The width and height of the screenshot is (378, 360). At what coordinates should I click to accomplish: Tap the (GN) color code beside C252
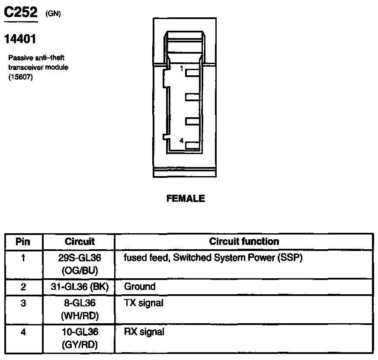click(53, 14)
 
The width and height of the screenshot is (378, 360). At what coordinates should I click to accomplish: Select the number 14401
click(20, 39)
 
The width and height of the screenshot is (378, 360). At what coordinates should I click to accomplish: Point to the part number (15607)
click(20, 77)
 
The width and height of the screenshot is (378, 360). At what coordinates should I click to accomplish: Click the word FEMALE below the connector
click(186, 199)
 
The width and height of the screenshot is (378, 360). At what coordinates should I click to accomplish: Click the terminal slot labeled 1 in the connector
click(192, 73)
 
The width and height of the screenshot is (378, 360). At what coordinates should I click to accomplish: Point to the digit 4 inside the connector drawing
click(182, 140)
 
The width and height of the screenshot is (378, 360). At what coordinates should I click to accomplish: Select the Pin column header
click(23, 241)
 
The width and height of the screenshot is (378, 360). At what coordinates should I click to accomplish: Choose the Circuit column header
click(80, 241)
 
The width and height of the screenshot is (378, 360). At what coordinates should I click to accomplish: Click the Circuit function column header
click(244, 241)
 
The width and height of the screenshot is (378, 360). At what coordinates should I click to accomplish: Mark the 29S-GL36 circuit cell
click(80, 258)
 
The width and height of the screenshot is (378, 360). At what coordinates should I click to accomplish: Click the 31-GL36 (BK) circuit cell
click(80, 286)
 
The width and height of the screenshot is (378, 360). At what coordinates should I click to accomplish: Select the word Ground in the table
click(140, 286)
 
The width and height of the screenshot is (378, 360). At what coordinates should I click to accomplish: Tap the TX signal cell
click(144, 303)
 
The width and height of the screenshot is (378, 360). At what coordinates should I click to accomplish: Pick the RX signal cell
click(144, 332)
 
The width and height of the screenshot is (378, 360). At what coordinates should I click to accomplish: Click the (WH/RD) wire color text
click(80, 316)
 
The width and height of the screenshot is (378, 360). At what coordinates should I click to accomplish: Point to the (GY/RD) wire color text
click(80, 345)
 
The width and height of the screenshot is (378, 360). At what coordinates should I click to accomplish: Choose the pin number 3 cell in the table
click(23, 303)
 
